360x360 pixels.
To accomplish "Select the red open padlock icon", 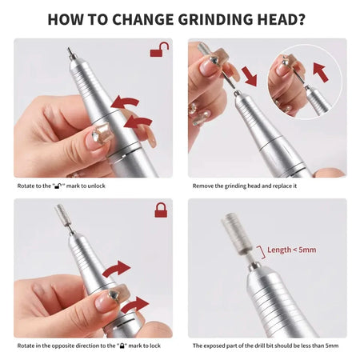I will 160,50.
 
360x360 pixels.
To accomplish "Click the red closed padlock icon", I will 160,210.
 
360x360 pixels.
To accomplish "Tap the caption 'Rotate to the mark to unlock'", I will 62,186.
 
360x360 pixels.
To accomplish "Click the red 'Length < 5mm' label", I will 292,250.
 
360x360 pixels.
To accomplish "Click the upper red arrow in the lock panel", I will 117,267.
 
